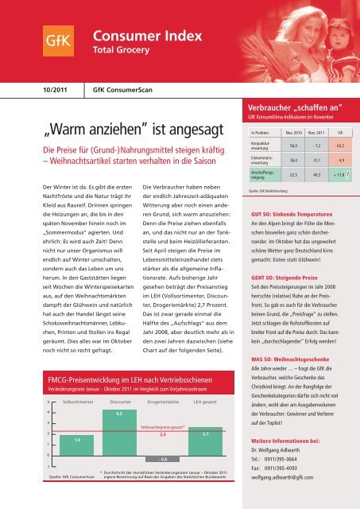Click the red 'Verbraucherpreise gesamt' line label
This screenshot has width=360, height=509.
tap(162, 426)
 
